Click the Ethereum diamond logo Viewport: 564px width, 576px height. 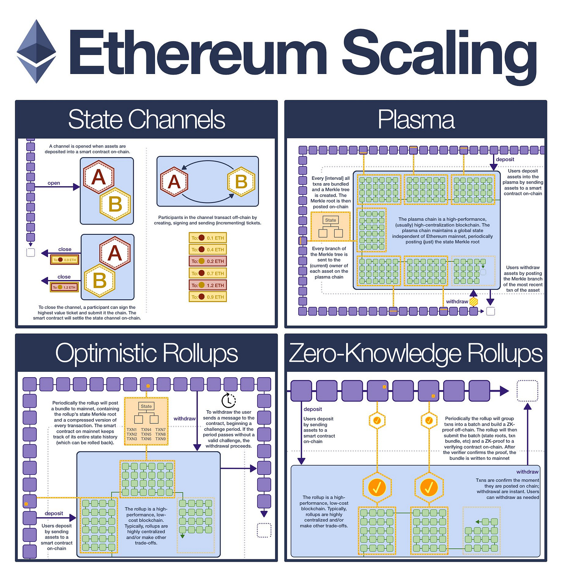(x=36, y=51)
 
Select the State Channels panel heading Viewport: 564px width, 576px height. (x=146, y=119)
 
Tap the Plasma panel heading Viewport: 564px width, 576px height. (x=416, y=119)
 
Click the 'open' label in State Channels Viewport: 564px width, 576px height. (x=54, y=183)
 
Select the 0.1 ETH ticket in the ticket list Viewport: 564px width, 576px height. (x=208, y=238)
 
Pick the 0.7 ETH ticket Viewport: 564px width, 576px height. (x=208, y=273)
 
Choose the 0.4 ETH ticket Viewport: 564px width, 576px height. (x=208, y=249)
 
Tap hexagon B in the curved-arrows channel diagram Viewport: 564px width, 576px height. (x=241, y=181)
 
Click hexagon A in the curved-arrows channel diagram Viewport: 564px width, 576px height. (x=174, y=181)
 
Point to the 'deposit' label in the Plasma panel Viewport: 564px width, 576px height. (x=505, y=159)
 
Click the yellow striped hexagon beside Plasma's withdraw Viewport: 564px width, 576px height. (x=473, y=301)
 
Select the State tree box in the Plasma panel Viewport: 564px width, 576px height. (x=330, y=227)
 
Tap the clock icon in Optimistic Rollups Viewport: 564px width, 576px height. (x=229, y=400)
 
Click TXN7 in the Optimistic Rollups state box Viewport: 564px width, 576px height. (x=160, y=430)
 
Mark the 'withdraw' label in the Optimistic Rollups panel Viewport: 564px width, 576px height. (x=184, y=418)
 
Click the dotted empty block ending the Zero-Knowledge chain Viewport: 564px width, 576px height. (x=527, y=391)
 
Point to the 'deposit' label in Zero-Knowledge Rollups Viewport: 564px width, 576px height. (x=313, y=409)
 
